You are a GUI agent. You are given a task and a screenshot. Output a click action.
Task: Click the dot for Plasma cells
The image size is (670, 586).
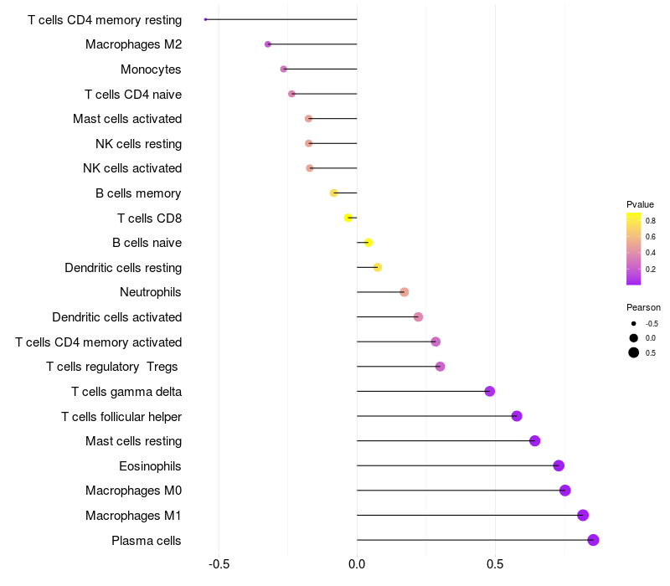593,540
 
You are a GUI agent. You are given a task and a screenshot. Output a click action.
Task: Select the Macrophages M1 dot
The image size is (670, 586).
583,516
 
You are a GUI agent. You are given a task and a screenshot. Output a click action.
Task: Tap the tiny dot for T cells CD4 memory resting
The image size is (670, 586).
206,19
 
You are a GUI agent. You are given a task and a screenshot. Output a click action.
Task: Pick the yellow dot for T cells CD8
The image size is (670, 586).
348,218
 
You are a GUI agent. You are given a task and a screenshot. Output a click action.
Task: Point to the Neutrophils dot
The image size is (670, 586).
405,292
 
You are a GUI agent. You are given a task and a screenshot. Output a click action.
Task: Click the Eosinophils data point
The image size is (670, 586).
559,465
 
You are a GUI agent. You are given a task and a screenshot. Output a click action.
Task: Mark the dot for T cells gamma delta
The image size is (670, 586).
490,392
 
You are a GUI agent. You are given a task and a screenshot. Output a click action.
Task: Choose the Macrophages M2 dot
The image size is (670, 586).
268,44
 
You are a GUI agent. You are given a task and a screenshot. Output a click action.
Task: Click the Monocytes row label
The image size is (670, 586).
151,69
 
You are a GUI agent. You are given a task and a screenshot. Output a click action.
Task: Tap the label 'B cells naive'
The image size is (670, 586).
147,243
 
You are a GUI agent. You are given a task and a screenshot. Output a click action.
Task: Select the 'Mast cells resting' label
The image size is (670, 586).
133,441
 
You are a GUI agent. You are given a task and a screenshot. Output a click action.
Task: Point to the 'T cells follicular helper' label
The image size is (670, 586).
121,416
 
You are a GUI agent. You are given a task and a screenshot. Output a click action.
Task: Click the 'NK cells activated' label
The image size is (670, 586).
132,168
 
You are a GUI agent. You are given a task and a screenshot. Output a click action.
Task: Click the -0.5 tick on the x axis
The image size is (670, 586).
219,563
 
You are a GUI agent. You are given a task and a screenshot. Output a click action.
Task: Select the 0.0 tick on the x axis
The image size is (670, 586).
357,563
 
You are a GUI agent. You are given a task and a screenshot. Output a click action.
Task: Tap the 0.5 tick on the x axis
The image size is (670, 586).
495,563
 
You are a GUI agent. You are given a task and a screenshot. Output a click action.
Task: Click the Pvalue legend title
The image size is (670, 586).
640,204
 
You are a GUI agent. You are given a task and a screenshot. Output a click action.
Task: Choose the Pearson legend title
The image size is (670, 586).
643,307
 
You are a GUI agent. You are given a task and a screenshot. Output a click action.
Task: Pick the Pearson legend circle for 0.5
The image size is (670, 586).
634,352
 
